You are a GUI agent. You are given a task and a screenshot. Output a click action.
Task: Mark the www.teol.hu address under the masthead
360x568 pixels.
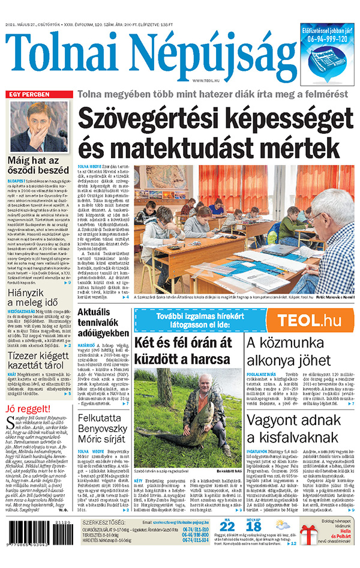pyautogui.click(x=207, y=80)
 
